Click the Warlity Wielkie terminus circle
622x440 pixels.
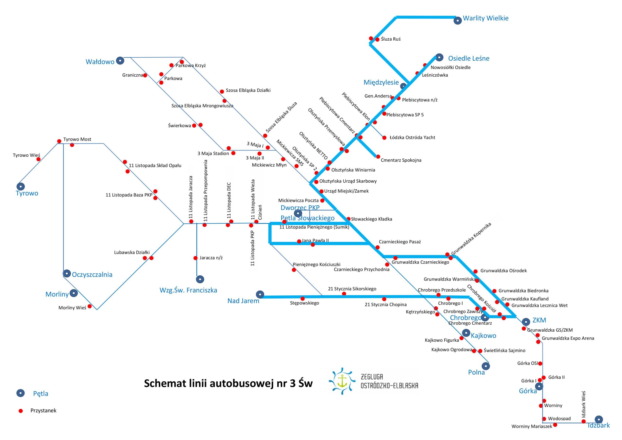458,21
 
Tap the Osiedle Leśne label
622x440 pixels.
469,58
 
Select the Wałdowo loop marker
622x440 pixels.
120,61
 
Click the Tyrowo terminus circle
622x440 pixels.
21,186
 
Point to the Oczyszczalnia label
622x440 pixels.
92,275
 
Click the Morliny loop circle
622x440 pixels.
74,293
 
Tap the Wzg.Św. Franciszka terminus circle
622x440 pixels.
200,279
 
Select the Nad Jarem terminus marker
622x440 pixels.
260,294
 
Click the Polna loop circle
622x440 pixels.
486,366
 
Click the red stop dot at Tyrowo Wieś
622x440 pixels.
38,159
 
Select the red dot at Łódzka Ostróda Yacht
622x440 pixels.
384,138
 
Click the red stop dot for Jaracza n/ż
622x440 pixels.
195,258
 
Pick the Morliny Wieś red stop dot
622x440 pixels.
89,306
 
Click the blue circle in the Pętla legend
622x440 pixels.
21,393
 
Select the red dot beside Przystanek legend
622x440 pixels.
21,411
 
